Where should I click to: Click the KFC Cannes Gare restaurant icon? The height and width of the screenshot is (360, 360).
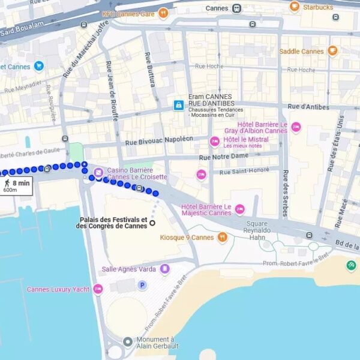point(163,13)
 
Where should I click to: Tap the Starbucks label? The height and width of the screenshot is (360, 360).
point(318,7)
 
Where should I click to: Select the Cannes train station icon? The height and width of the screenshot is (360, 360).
point(237,8)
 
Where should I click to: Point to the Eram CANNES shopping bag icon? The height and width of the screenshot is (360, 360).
point(178,105)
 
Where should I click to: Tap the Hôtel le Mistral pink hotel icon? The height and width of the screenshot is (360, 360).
point(214,142)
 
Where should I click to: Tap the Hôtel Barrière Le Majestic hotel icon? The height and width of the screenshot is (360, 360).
point(240,209)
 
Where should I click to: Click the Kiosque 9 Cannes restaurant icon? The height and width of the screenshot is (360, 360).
point(223,237)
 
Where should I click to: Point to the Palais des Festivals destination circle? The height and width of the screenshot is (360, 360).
point(152,223)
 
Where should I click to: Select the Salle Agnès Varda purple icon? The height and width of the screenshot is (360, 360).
point(165,269)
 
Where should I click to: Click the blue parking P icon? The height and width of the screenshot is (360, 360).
point(142,285)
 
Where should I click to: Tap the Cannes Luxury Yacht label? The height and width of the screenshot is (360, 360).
point(58,289)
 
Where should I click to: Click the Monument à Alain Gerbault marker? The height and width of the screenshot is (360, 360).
point(127,341)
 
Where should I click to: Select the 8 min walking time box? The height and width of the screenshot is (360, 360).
point(16,184)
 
